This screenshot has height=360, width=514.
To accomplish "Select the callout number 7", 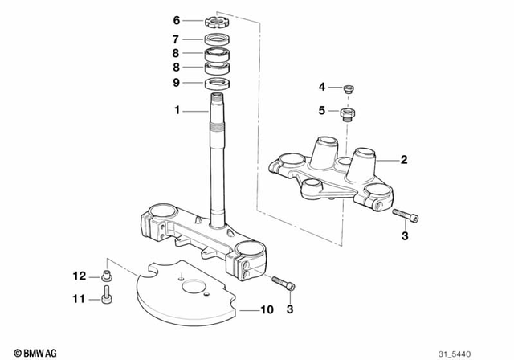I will tap(176, 39).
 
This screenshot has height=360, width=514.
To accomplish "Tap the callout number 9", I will tap(176, 82).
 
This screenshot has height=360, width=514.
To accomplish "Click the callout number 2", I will tap(404, 160).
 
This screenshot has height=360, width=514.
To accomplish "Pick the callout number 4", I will tap(322, 87).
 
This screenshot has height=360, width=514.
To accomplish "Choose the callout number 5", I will tap(322, 112).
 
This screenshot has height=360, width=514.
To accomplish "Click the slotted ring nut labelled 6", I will tap(217, 20).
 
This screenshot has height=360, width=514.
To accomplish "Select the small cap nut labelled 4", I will tap(349, 88).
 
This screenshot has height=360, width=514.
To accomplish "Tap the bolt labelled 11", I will tap(107, 298).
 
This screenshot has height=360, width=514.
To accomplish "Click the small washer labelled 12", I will tap(108, 276).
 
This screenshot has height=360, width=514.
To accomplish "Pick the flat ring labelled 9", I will tap(217, 83).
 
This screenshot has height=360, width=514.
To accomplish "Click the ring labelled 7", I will tap(217, 39).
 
